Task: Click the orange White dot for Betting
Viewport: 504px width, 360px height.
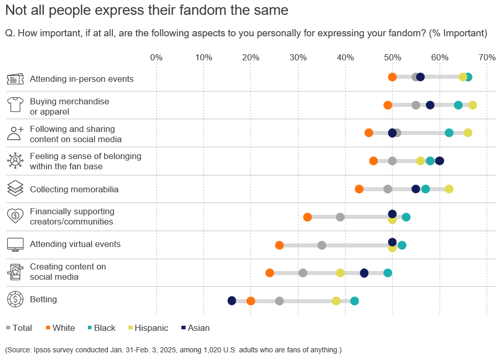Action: click(x=250, y=301)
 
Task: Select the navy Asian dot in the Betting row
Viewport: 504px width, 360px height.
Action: click(x=232, y=301)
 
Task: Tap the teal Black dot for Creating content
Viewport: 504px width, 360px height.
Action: click(x=387, y=273)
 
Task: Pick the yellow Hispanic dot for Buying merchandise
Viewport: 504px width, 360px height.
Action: click(x=472, y=105)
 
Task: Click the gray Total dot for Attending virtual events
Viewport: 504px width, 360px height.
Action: click(x=322, y=245)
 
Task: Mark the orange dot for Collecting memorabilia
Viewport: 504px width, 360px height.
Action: click(x=359, y=189)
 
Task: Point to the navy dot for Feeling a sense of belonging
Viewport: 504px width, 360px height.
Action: click(x=439, y=161)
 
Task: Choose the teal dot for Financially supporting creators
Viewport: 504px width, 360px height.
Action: click(x=406, y=217)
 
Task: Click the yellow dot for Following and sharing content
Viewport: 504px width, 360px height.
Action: click(x=468, y=133)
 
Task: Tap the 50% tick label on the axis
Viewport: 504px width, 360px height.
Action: click(x=392, y=57)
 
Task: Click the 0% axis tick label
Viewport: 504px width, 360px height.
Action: click(x=156, y=57)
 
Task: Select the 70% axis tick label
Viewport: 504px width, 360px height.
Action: click(x=486, y=57)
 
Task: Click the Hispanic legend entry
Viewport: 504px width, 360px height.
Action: click(x=151, y=328)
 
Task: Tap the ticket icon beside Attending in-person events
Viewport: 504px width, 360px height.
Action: click(x=15, y=79)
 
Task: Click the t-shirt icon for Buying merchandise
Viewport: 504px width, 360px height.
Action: click(x=15, y=105)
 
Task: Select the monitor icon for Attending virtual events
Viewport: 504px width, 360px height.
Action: click(x=15, y=244)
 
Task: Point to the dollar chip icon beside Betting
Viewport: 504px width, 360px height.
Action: click(x=15, y=300)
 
